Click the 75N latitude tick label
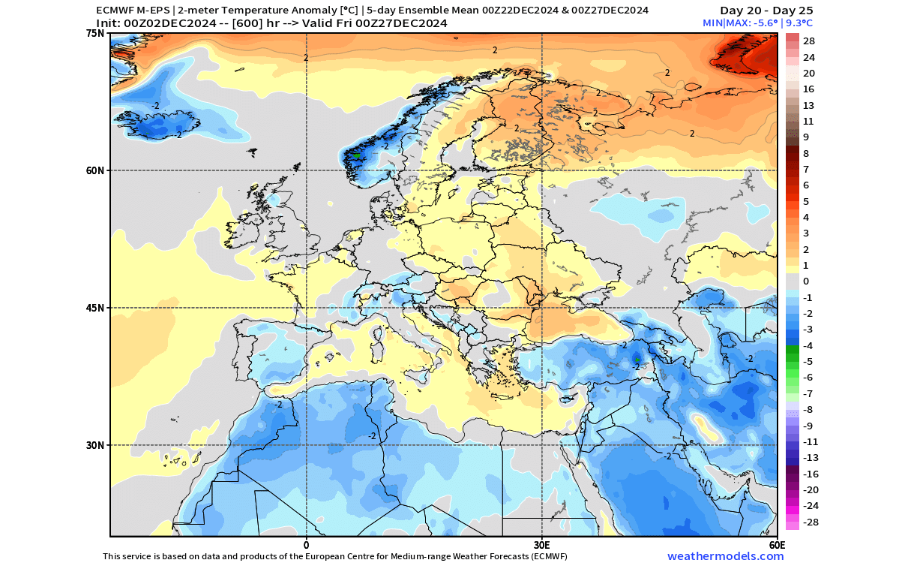click(x=95, y=33)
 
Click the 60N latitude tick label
click(x=95, y=170)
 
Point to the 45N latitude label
click(x=95, y=308)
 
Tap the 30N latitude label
click(x=95, y=445)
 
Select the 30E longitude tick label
click(x=541, y=545)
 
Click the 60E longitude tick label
click(x=777, y=545)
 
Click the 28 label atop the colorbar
click(x=809, y=41)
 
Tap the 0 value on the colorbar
click(x=806, y=281)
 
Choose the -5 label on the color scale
click(x=808, y=362)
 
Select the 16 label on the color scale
click(x=808, y=89)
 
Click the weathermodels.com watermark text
click(x=725, y=556)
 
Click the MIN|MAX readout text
click(x=757, y=23)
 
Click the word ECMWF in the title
click(x=112, y=10)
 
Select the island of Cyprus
click(x=567, y=399)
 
